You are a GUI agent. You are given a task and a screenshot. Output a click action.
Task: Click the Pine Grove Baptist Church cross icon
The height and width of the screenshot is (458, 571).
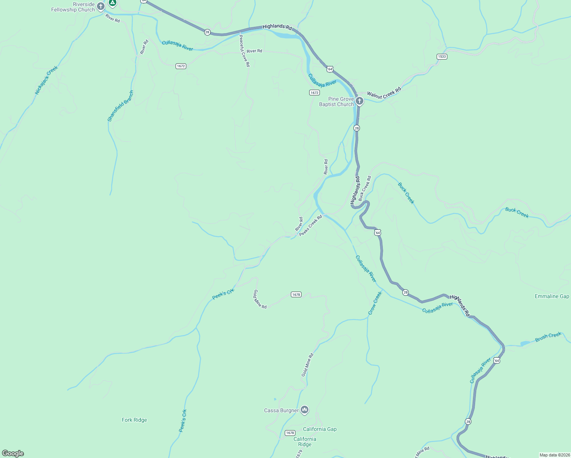pos(359,101)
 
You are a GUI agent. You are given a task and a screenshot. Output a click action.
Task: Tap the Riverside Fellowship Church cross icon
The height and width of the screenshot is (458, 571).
pos(101,6)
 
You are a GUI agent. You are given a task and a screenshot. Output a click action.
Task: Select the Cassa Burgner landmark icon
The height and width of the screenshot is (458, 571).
pos(304,410)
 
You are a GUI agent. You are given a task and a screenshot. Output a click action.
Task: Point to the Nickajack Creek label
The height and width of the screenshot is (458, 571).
pos(46,80)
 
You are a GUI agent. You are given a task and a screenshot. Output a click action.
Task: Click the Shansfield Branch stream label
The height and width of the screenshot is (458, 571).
pos(121,106)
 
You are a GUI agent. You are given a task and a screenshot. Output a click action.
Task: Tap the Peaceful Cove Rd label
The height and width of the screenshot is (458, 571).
pos(244,51)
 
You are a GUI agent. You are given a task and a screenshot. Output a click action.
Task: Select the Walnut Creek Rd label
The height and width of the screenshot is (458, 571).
pos(384,93)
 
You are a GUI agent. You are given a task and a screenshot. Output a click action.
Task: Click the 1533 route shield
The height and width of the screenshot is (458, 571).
pos(442,56)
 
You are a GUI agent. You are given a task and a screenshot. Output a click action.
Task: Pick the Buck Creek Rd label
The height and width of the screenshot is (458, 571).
pos(365,189)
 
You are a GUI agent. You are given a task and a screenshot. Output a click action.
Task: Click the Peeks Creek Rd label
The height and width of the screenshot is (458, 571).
pos(311,226)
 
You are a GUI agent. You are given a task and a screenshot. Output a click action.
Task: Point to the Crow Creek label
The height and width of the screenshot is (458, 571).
pos(374,303)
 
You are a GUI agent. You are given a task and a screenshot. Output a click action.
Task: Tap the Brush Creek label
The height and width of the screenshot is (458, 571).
pos(548,337)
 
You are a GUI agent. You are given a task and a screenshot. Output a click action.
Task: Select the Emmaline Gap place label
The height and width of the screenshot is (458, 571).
pos(552,297)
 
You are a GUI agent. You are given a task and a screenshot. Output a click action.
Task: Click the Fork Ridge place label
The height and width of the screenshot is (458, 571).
pos(134,420)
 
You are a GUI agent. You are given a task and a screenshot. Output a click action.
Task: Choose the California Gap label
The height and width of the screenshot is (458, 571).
pos(320,429)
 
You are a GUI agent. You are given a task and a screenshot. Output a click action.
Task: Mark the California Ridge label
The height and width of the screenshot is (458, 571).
pos(305,442)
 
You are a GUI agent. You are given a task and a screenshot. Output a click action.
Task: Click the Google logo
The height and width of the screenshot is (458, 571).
pos(13,453)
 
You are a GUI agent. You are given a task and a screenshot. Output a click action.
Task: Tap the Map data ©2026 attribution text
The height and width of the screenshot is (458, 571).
pos(554,455)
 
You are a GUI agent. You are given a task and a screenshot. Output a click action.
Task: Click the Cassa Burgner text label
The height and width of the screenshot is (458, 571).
pos(281,410)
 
